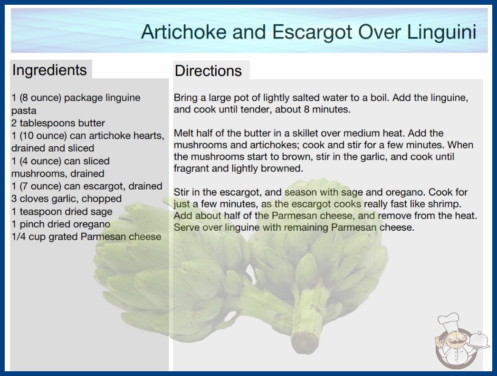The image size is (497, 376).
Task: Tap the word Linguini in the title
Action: [x=441, y=32]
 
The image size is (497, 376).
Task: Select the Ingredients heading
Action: [x=49, y=70]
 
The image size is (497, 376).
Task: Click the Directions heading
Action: [x=208, y=71]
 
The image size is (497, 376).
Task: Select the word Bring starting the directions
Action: [x=186, y=98]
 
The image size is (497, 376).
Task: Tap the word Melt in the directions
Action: [x=183, y=133]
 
